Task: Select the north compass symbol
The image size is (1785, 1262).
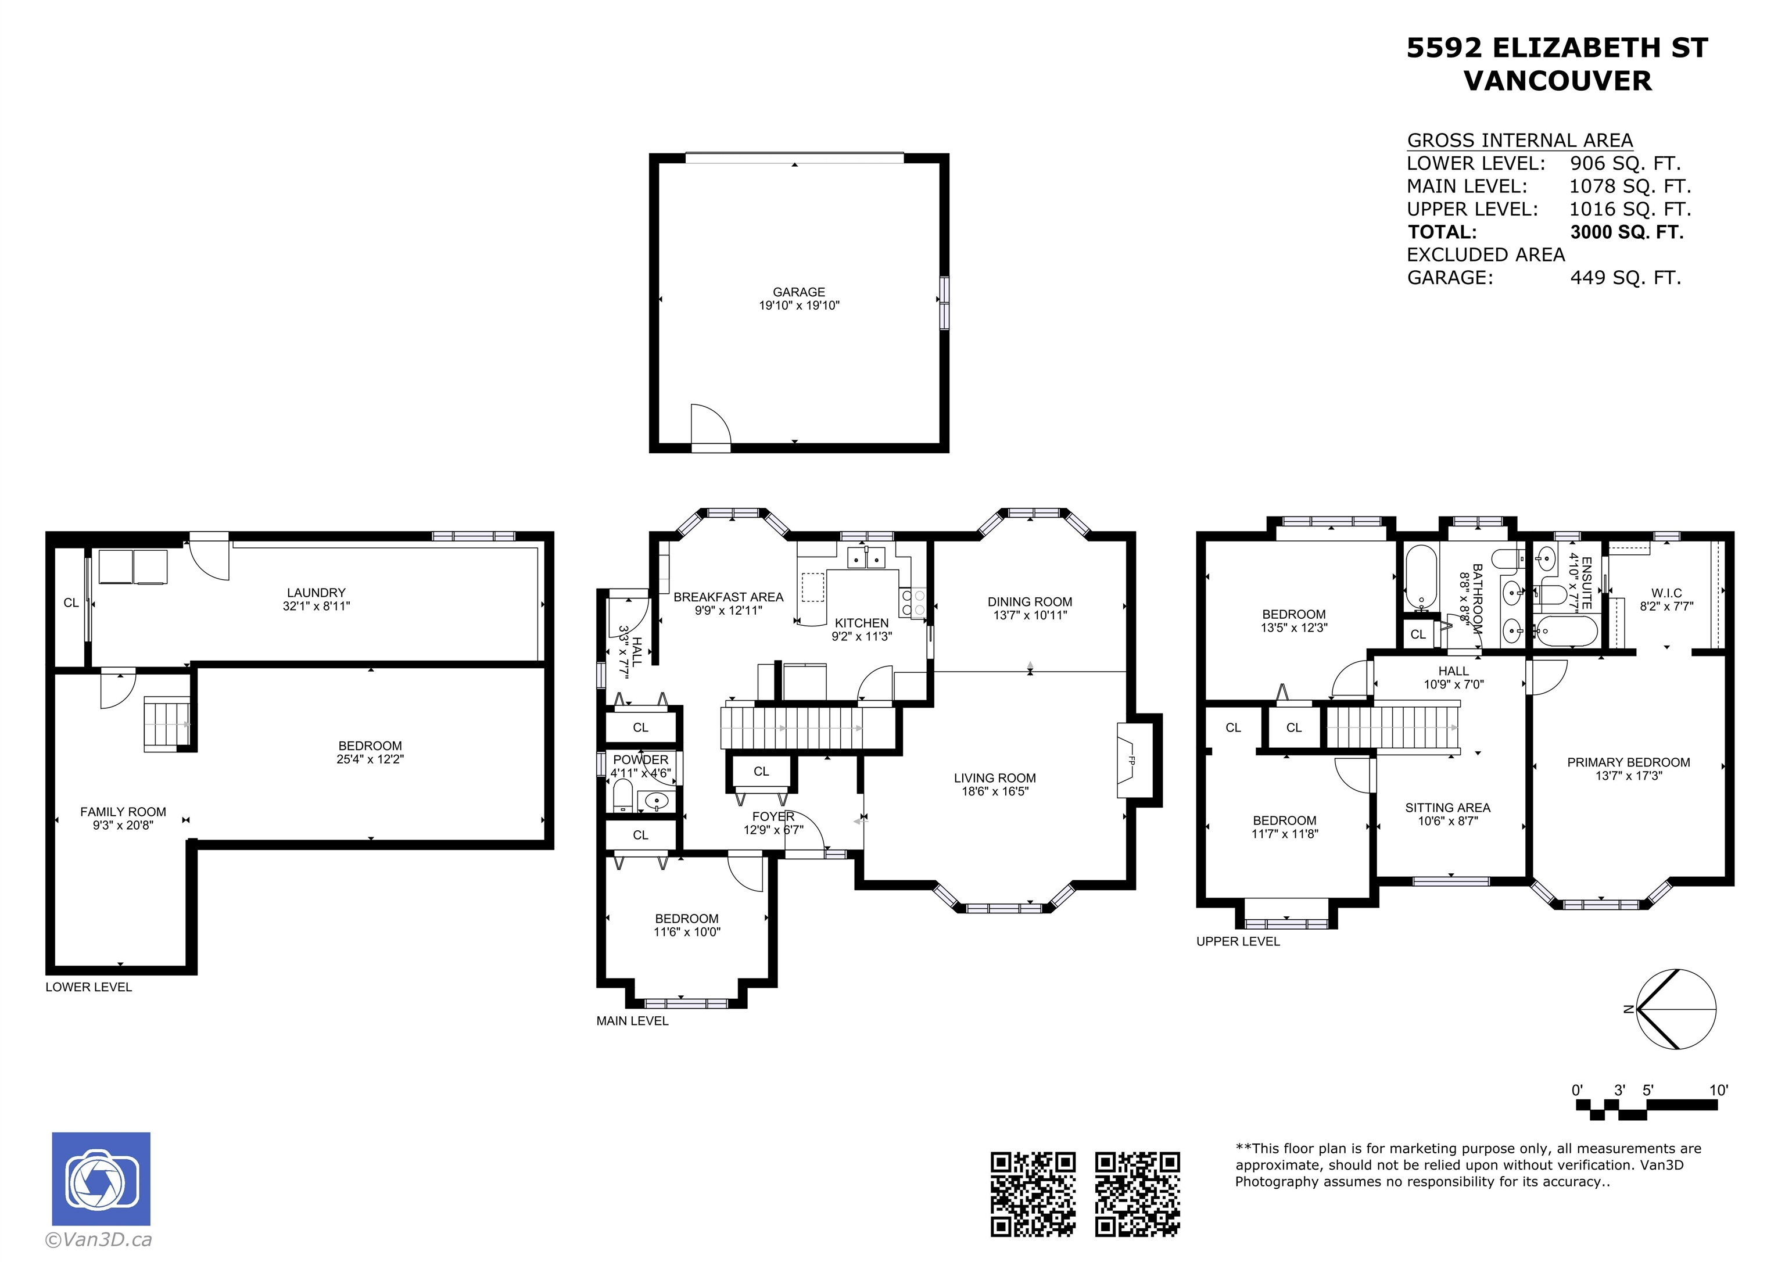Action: (1675, 1009)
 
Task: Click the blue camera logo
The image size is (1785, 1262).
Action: (101, 1178)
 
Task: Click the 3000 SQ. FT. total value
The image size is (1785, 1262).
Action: (1626, 232)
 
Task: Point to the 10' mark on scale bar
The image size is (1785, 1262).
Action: (1719, 1090)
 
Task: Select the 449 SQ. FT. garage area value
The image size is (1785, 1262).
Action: (1626, 278)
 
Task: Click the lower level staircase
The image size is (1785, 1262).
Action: (167, 724)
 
